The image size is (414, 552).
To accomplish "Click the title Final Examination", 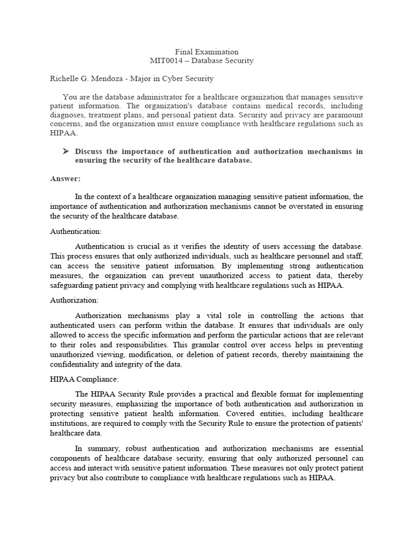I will tap(206, 52).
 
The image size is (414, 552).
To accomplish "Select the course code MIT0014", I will tap(168, 61).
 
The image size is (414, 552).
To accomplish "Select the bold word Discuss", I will tap(88, 151).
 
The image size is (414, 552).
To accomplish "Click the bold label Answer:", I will tap(65, 178).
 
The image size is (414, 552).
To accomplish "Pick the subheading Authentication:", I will tap(75, 231).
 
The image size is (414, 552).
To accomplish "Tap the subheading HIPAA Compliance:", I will tap(84, 379).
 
